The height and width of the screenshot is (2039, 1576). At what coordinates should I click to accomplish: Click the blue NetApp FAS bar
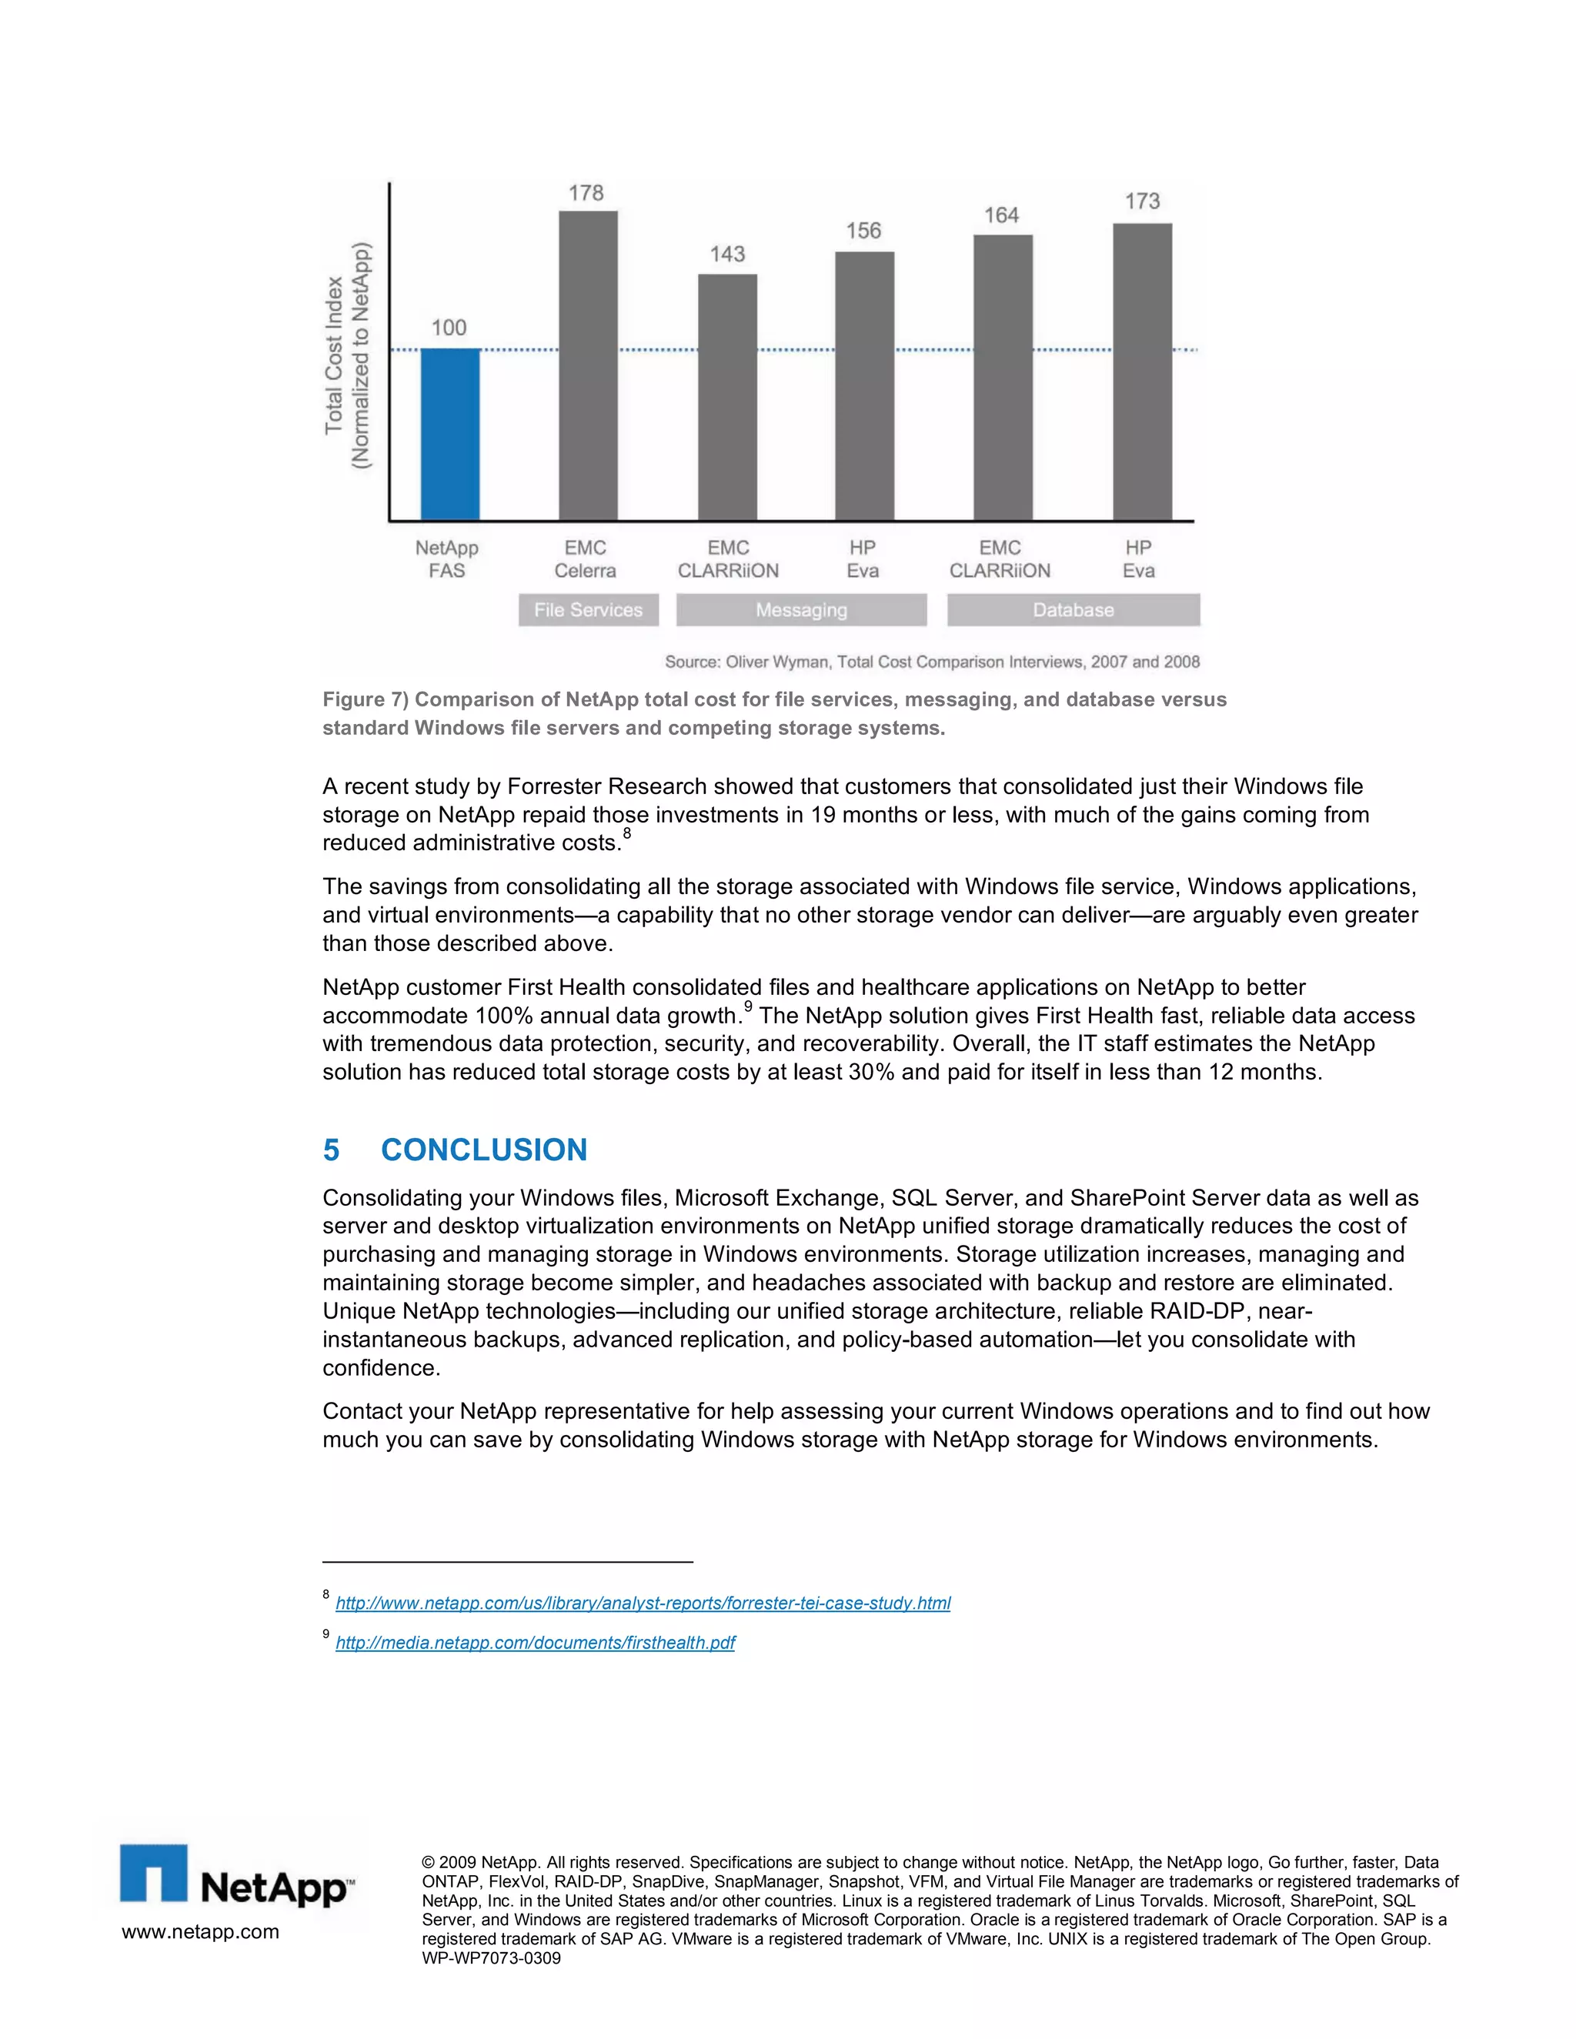click(450, 434)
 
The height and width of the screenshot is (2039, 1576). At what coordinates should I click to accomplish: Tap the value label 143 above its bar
click(727, 254)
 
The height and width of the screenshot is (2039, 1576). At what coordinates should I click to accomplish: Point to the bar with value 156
click(863, 385)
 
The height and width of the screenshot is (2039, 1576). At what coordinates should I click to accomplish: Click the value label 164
click(1001, 215)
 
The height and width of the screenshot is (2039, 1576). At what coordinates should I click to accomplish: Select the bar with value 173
click(1142, 372)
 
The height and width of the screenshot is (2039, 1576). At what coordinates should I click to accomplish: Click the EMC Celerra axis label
click(586, 559)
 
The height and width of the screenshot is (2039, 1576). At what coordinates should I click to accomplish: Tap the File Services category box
click(588, 609)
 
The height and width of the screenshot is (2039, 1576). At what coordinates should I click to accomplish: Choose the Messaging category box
click(801, 609)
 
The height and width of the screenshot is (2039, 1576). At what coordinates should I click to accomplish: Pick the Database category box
click(1073, 609)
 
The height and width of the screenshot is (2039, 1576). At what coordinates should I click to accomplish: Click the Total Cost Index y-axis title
click(347, 355)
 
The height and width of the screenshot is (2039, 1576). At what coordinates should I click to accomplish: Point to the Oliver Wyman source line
click(932, 662)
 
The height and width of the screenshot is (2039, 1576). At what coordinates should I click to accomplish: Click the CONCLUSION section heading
click(483, 1150)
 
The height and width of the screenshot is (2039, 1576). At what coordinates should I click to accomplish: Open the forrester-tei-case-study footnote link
click(643, 1603)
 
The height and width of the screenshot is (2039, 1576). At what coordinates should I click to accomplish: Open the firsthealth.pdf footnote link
click(535, 1642)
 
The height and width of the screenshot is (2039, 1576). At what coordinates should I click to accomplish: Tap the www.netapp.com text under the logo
click(200, 1931)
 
